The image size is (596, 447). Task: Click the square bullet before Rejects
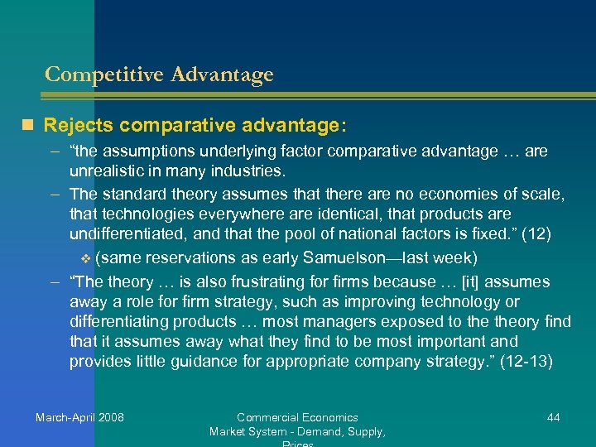point(29,126)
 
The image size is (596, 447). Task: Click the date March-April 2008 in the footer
point(79,417)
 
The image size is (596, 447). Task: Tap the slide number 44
point(553,417)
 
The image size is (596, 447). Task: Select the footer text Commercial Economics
point(297,417)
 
